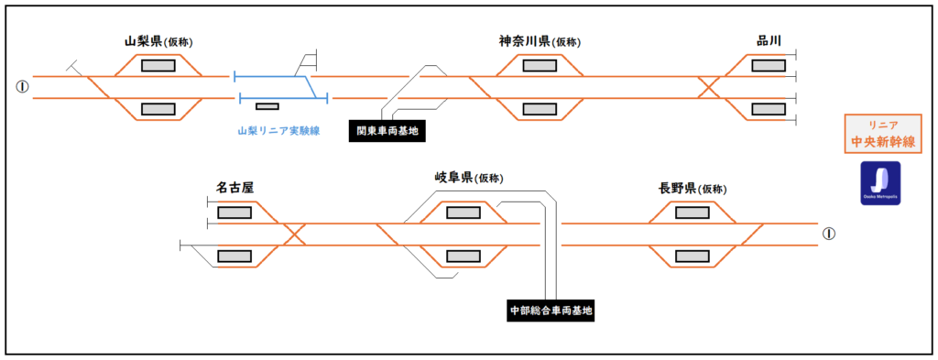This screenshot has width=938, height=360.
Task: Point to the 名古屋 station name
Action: pos(234,188)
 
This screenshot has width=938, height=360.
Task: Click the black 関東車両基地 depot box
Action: pos(387,131)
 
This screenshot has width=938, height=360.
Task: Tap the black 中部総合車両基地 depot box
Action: pos(551,311)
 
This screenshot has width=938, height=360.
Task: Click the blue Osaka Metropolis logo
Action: pos(880,183)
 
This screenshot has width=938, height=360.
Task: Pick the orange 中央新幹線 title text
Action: pos(880,142)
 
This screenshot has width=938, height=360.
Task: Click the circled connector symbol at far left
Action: pos(22,87)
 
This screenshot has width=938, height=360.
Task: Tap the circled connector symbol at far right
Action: pos(829,234)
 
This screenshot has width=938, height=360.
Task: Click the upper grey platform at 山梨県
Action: pos(158,65)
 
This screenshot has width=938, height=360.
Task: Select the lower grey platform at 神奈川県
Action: pos(540,109)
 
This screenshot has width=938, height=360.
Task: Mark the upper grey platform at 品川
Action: pos(768,65)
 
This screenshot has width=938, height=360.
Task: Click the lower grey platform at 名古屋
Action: pos(234,256)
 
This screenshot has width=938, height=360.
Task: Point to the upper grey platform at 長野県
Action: pos(692,213)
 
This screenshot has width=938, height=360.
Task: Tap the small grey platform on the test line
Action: pos(267,107)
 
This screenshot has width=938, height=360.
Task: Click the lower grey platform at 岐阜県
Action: pos(463,256)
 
